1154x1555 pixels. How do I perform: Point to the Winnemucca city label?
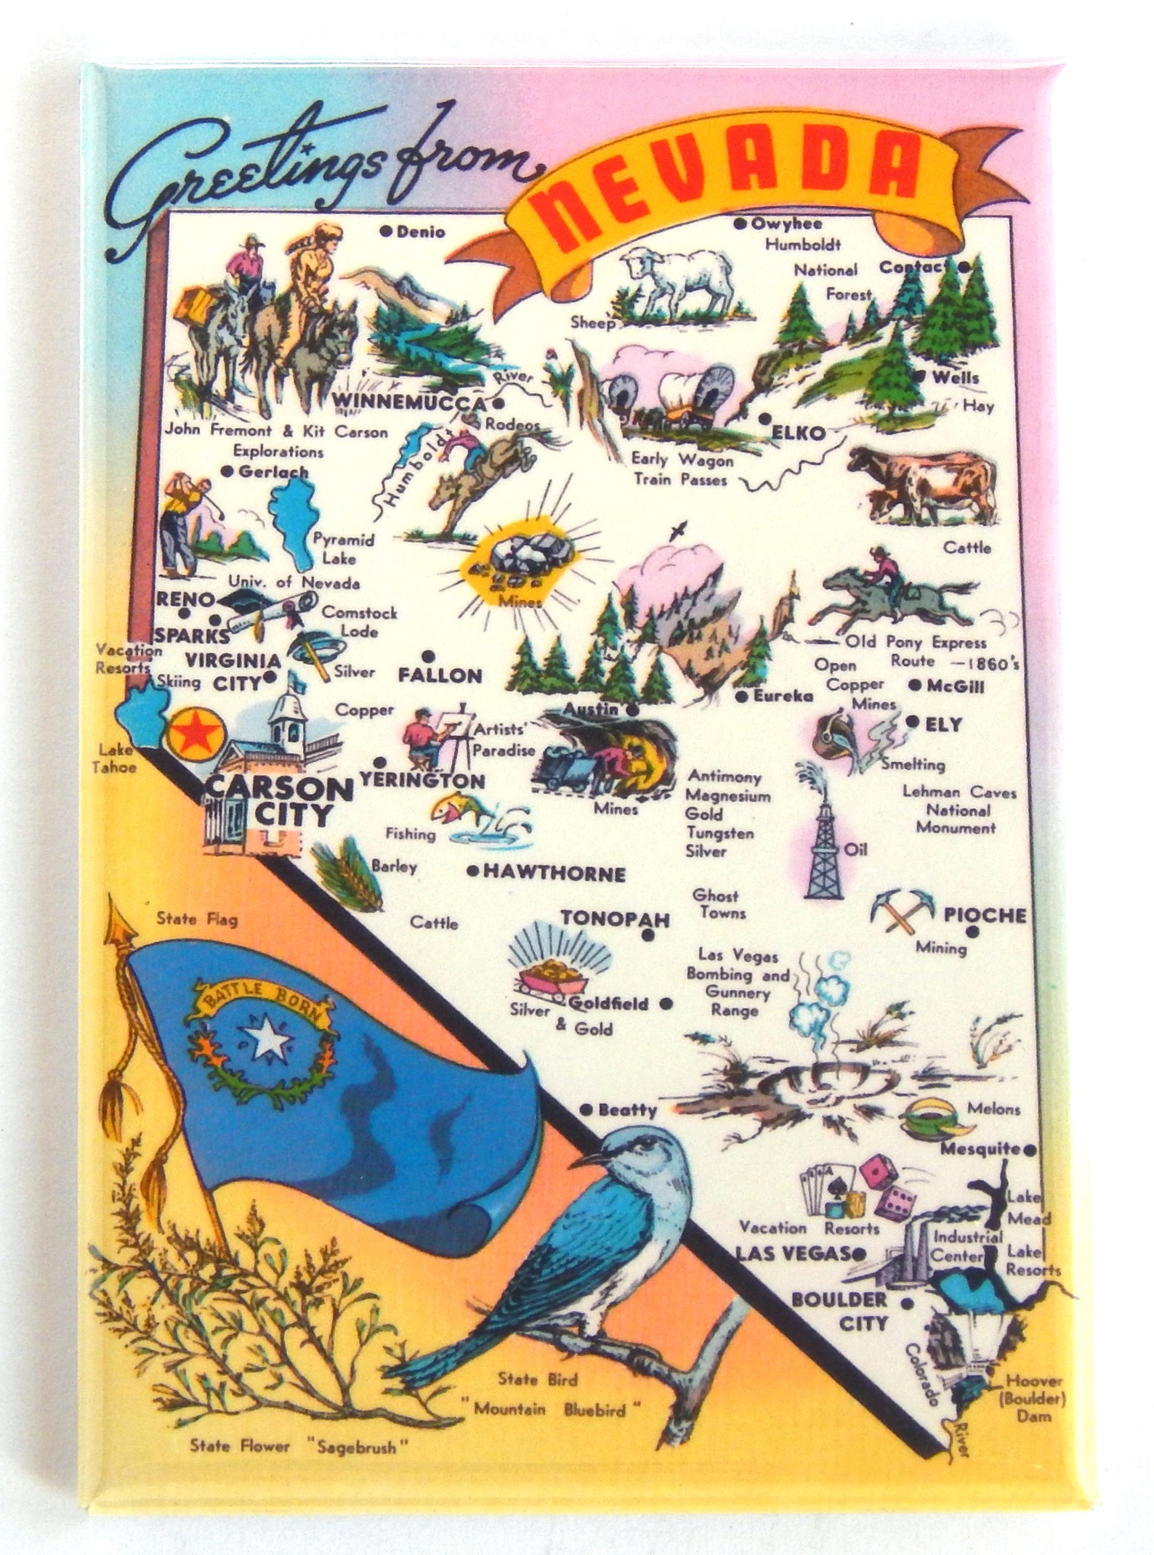click(x=408, y=403)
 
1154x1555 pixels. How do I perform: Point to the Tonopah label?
click(x=616, y=919)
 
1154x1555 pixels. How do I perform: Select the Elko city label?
click(x=799, y=434)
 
